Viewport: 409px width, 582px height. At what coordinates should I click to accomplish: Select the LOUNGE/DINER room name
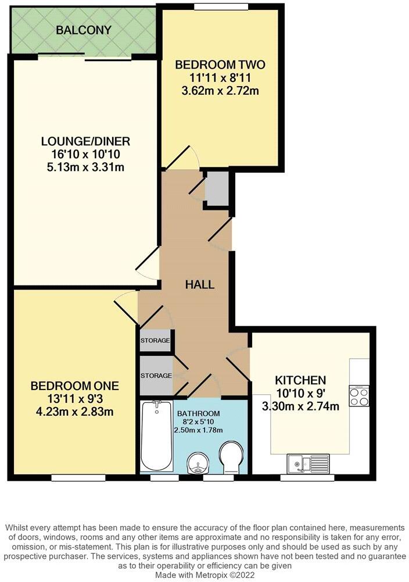coord(85,141)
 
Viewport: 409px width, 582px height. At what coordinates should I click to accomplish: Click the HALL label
coord(199,285)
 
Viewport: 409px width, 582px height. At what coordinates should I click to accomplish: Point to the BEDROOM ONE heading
coord(74,386)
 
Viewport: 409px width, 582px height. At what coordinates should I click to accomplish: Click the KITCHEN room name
coord(300,381)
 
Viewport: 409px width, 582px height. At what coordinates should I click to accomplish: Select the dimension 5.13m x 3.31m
coord(85,167)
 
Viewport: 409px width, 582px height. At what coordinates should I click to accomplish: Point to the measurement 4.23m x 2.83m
coord(74,412)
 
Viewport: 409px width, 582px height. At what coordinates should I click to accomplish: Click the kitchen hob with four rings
coord(360,397)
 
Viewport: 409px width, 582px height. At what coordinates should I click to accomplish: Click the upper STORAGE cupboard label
coord(155,341)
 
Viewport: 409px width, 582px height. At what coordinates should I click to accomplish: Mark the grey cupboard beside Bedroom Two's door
coord(217,188)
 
